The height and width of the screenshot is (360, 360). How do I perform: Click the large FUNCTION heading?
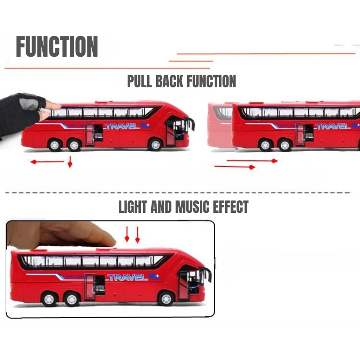click(x=57, y=46)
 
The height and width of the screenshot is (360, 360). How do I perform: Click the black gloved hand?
click(x=20, y=112)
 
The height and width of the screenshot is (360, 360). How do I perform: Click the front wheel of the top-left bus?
click(x=155, y=144)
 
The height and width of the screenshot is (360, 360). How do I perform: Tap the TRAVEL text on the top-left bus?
click(x=122, y=126)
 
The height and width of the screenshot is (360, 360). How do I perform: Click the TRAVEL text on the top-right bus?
click(x=333, y=126)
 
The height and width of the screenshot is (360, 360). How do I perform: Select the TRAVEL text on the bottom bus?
click(x=127, y=277)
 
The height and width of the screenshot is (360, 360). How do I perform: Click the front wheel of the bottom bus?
click(x=166, y=298)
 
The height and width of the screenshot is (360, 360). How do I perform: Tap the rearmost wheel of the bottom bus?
click(x=49, y=298)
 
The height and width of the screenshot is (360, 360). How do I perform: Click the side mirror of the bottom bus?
click(x=207, y=274)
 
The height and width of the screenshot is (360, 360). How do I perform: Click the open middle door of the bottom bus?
click(x=90, y=286)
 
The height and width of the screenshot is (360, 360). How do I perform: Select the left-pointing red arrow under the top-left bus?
click(x=47, y=162)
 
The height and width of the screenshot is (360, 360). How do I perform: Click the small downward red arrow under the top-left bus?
click(x=70, y=162)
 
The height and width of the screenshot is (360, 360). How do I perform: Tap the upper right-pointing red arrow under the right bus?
click(x=252, y=160)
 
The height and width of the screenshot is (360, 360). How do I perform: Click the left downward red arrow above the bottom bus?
click(x=127, y=234)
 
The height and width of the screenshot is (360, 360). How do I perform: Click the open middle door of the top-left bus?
click(x=89, y=134)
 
